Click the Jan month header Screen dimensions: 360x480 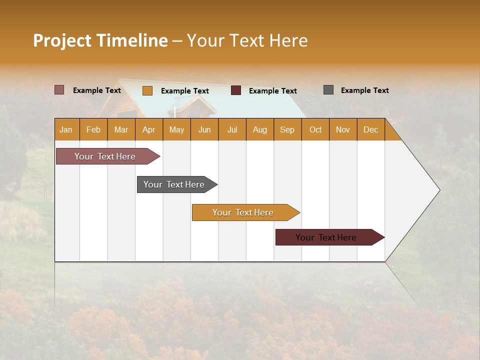pyautogui.click(x=66, y=129)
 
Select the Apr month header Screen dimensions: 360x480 pyautogui.click(x=149, y=129)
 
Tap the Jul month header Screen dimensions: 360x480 pyautogui.click(x=232, y=129)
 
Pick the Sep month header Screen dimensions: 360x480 pyautogui.click(x=287, y=129)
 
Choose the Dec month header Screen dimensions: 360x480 pyautogui.click(x=370, y=129)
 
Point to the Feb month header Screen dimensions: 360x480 pyautogui.click(x=93, y=129)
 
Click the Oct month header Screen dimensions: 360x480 pyautogui.click(x=315, y=129)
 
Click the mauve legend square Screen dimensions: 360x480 pyautogui.click(x=59, y=90)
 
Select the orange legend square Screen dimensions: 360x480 pyautogui.click(x=147, y=90)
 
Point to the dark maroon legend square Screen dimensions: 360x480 pyautogui.click(x=236, y=90)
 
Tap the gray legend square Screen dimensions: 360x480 pyautogui.click(x=328, y=90)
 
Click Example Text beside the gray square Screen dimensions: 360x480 pyautogui.click(x=364, y=90)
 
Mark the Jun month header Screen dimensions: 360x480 pyautogui.click(x=204, y=129)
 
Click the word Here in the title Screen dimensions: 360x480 pyautogui.click(x=288, y=40)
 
